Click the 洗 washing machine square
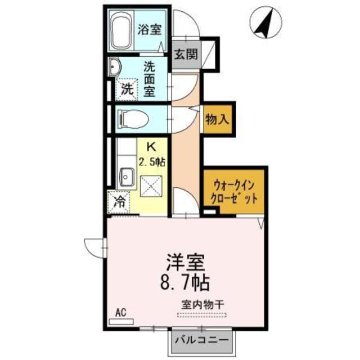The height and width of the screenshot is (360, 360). click(128, 88)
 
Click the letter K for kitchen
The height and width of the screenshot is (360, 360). click(151, 147)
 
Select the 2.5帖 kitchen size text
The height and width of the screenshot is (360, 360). click(151, 161)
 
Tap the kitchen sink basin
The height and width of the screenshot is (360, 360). click(125, 178)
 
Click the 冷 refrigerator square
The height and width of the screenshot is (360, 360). click(119, 201)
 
